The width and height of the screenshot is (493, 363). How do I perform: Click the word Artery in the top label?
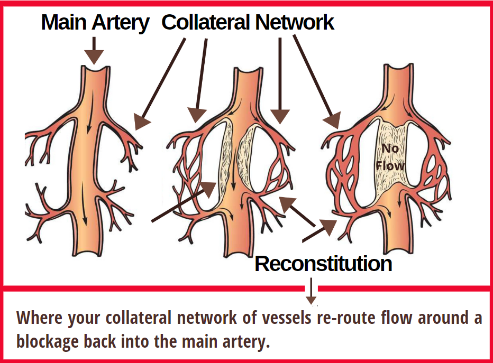coord(123,23)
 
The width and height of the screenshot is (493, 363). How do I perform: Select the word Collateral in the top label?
coord(206,22)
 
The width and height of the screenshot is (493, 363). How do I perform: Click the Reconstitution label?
coord(323,263)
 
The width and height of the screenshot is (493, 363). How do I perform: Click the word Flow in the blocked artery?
coord(390,166)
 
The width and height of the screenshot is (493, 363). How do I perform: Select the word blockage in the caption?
coord(48,341)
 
